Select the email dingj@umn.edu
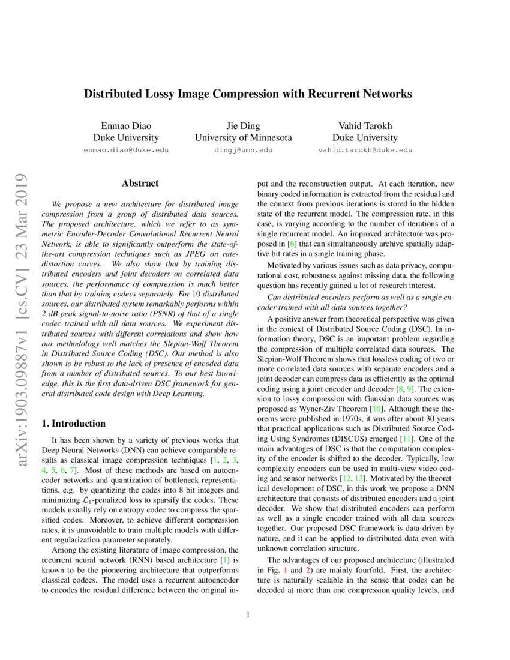(244, 151)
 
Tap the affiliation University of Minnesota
(244, 137)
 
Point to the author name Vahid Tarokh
(365, 125)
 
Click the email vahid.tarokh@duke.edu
(365, 151)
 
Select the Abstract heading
(140, 184)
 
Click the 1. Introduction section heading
(74, 424)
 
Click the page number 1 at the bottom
(248, 615)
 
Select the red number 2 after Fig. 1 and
(310, 568)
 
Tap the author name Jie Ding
(244, 125)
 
